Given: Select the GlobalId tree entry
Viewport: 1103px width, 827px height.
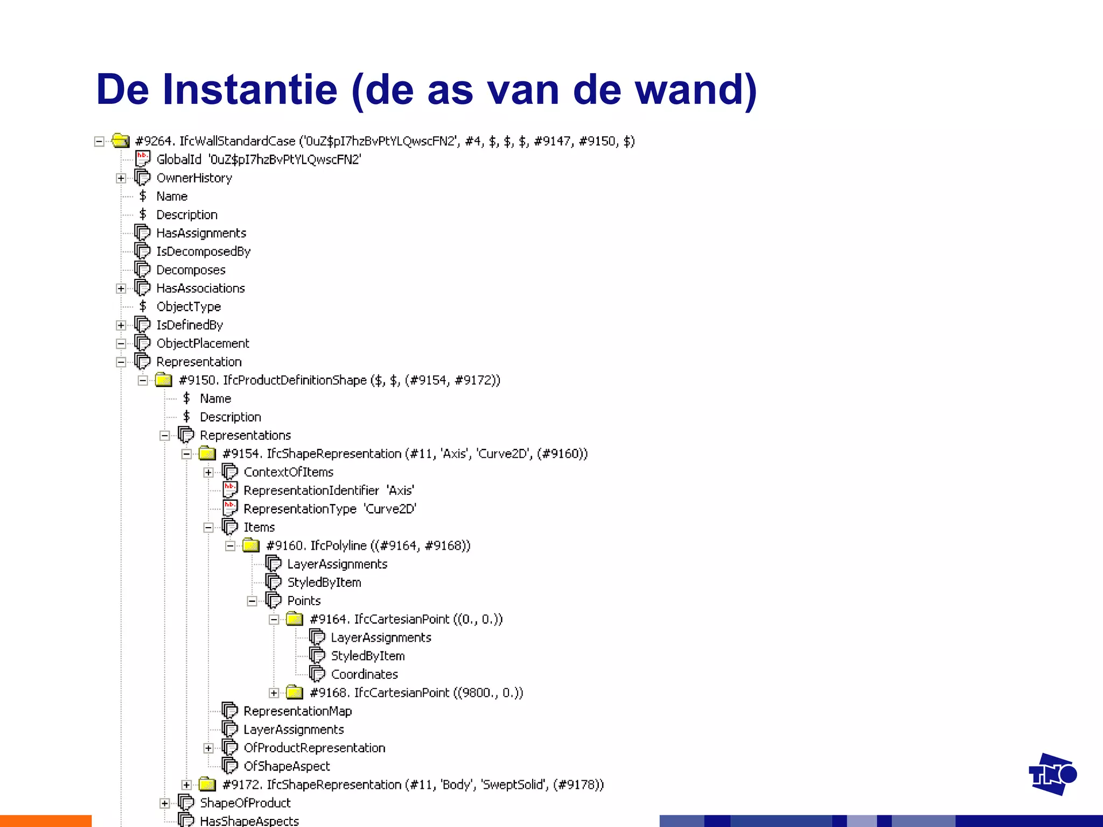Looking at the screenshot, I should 178,159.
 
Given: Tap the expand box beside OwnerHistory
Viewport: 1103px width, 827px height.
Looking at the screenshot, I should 121,178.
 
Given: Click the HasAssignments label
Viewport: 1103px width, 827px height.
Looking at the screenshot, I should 201,233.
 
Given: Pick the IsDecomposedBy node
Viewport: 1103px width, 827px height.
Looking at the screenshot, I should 203,251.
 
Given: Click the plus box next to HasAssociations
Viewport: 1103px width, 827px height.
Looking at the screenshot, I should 121,289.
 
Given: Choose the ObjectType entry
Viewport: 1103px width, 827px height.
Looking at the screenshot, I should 189,307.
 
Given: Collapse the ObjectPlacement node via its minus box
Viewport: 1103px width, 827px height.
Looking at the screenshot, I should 121,344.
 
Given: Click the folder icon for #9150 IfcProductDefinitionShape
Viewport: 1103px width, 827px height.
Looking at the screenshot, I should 164,380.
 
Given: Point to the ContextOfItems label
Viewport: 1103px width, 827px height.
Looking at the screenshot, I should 288,472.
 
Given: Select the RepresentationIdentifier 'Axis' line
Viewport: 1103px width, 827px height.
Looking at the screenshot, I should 329,490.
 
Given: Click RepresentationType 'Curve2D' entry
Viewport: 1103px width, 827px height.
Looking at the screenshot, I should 330,509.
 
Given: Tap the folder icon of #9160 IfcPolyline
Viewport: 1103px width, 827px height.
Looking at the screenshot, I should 251,546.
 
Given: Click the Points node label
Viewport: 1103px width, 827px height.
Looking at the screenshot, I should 304,601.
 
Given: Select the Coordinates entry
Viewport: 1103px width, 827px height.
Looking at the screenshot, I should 364,674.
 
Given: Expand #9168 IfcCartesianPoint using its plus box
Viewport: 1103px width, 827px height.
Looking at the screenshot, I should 274,693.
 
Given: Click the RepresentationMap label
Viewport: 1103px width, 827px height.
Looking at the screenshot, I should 297,711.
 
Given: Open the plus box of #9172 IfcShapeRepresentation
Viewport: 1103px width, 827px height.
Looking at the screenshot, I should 186,785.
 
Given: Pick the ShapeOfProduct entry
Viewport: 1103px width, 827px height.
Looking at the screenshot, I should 245,803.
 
